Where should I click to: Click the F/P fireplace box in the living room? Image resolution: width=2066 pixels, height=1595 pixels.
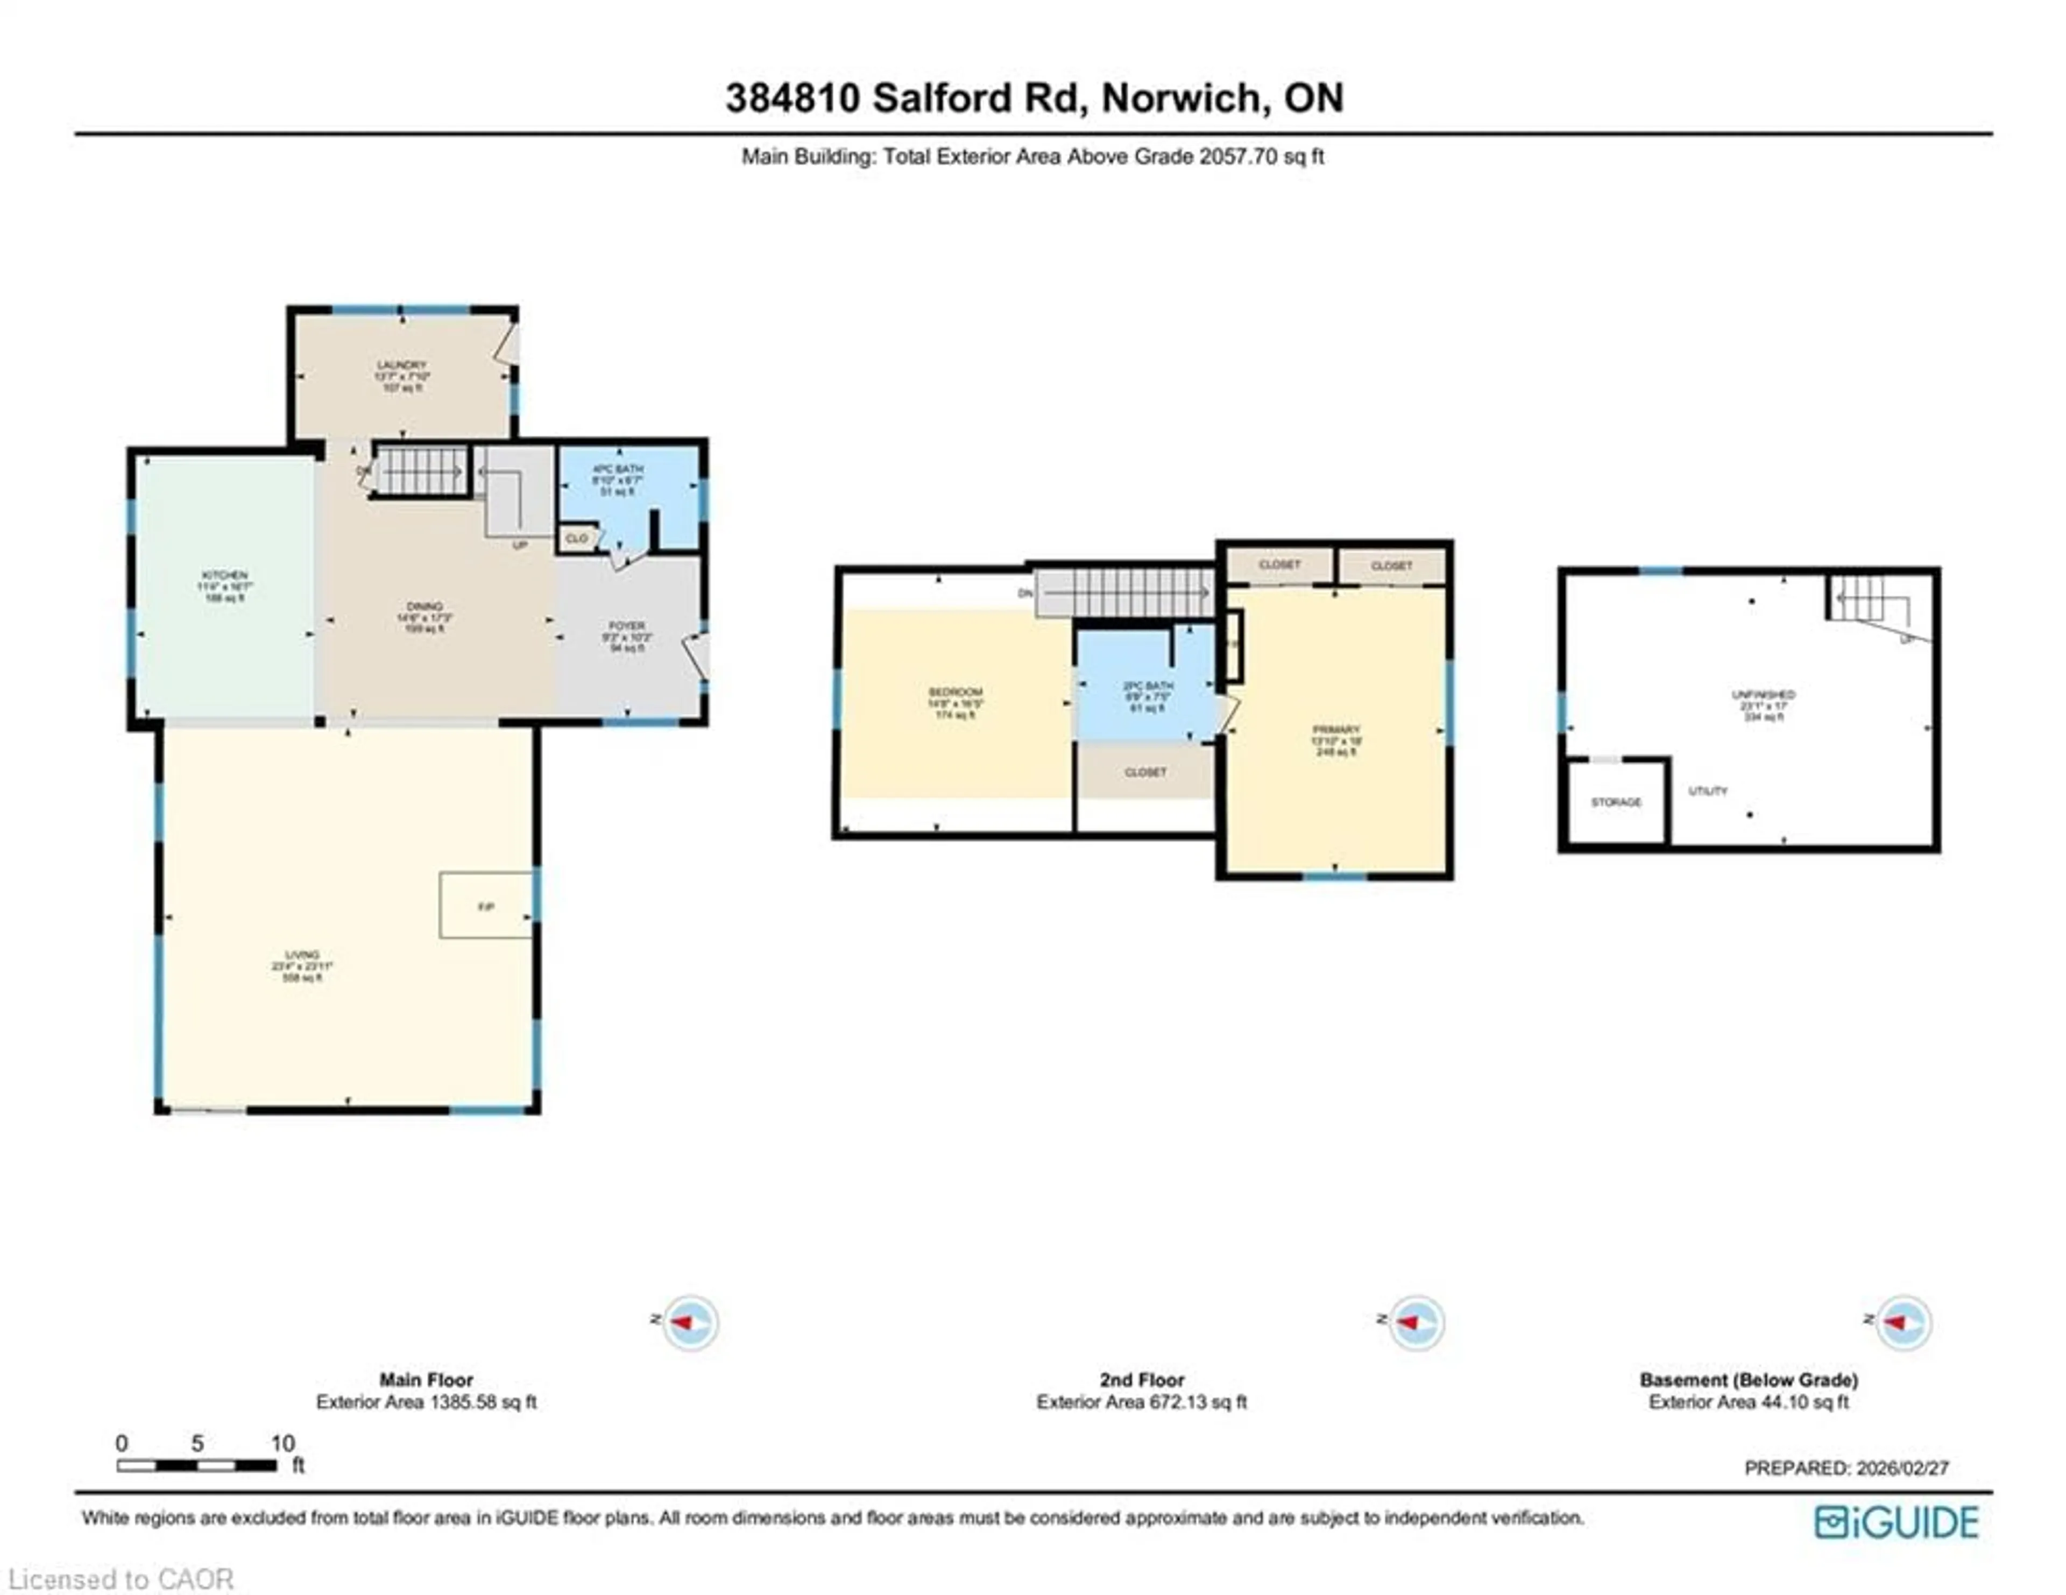tap(486, 906)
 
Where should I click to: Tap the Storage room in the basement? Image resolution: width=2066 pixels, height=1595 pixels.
tap(1616, 802)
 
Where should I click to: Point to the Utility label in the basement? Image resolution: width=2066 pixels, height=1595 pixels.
tap(1708, 791)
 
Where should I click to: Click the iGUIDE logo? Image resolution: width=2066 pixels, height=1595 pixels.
tap(1896, 1522)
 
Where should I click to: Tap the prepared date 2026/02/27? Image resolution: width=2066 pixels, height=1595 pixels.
tap(1902, 1467)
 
